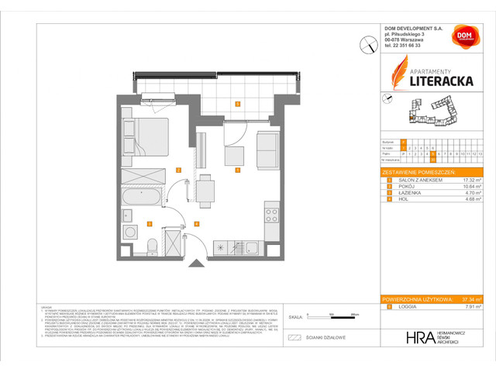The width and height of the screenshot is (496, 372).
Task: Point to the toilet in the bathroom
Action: click(152, 246)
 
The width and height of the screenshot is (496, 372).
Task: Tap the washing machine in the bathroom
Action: click(128, 231)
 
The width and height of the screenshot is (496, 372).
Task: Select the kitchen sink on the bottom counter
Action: click(252, 247)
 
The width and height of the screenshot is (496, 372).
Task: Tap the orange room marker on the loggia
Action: click(237, 103)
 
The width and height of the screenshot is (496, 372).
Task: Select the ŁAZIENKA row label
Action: click(406, 192)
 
